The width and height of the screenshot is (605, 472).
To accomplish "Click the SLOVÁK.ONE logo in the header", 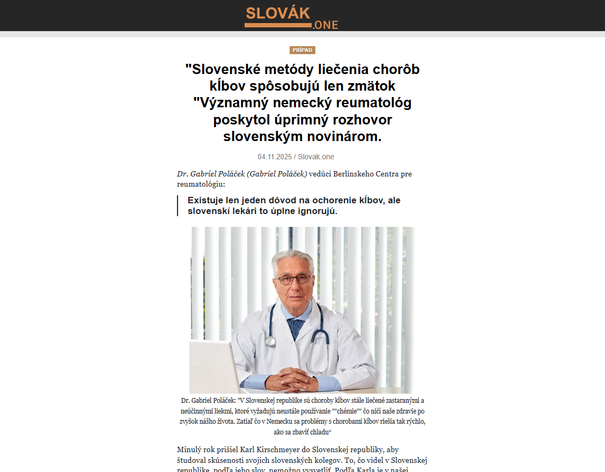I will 291,17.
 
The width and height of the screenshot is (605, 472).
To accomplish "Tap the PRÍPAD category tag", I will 302,50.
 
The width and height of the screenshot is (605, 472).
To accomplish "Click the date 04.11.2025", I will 275,157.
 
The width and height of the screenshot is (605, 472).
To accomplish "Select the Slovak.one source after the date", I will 316,157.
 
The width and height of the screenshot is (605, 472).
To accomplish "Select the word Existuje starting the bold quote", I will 207,200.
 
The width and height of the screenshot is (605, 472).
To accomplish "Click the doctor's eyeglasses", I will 294,279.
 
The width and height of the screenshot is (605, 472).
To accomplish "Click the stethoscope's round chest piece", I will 270,341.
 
